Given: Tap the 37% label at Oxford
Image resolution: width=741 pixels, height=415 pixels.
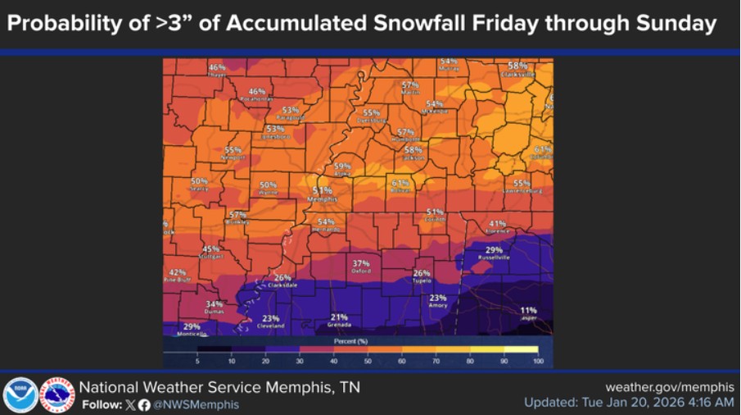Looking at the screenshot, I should pyautogui.click(x=361, y=263).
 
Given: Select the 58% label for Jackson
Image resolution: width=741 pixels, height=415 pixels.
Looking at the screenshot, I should pyautogui.click(x=413, y=150).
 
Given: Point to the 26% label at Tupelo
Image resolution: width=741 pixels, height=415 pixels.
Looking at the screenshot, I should pyautogui.click(x=422, y=273).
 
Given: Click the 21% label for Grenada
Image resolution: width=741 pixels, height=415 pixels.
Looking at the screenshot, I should pyautogui.click(x=339, y=317).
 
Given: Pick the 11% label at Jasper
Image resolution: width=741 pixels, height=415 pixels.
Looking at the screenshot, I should pyautogui.click(x=529, y=310).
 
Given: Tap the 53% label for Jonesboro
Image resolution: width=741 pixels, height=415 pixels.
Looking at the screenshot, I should pyautogui.click(x=274, y=130).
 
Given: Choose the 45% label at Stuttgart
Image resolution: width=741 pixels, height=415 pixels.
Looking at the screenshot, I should pyautogui.click(x=210, y=249).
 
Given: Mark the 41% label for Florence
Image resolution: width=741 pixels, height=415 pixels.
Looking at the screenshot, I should pyautogui.click(x=497, y=224).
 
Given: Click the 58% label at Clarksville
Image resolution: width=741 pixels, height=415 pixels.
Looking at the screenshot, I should pyautogui.click(x=517, y=66).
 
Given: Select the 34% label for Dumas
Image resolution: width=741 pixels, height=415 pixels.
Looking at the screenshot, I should pyautogui.click(x=214, y=304).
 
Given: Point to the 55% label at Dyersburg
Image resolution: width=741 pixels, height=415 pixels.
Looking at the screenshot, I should pyautogui.click(x=372, y=113).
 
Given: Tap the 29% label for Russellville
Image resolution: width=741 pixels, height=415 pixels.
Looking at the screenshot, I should pyautogui.click(x=494, y=250).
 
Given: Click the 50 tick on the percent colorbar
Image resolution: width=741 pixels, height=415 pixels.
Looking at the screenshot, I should pyautogui.click(x=368, y=360).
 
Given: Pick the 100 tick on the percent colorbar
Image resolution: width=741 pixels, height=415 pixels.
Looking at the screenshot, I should pyautogui.click(x=537, y=360).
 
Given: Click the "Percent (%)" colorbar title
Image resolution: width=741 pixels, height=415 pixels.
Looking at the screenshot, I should pyautogui.click(x=350, y=339).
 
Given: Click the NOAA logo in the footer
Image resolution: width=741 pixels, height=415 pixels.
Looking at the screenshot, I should pyautogui.click(x=20, y=394).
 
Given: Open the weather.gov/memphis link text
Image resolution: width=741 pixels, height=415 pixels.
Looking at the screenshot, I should pyautogui.click(x=669, y=386).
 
